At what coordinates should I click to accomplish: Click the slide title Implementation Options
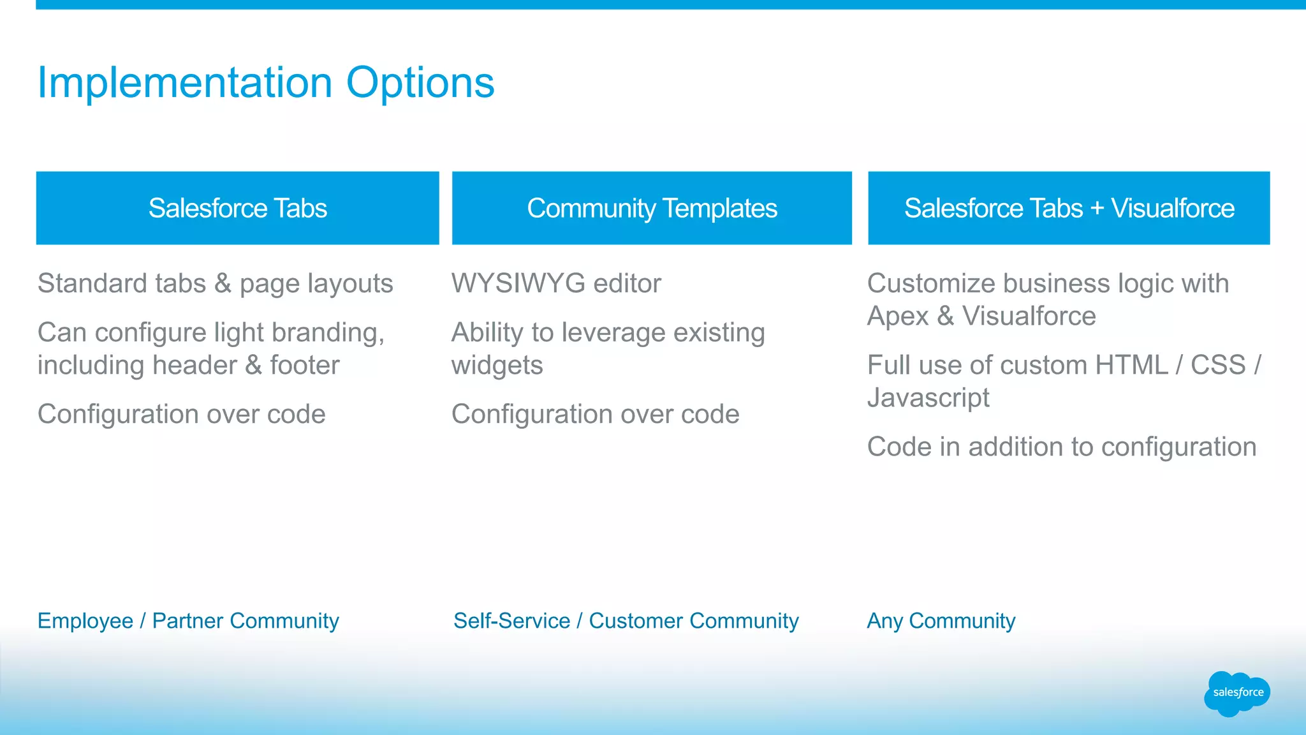pos(265,83)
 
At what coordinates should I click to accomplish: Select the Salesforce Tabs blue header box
pos(237,208)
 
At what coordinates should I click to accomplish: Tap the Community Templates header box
pos(652,208)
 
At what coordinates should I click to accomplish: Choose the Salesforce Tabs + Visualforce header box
pos(1069,208)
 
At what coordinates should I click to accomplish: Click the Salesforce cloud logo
pos(1237,693)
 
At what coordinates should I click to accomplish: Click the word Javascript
pos(928,397)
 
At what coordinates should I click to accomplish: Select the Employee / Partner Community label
pos(188,621)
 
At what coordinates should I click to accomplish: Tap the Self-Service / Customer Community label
pos(626,621)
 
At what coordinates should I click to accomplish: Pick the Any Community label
pos(941,621)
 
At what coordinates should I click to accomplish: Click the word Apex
pos(897,316)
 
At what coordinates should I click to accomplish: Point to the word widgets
pos(497,366)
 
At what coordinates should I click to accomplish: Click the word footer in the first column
pos(304,366)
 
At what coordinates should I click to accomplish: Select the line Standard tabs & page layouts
pos(215,284)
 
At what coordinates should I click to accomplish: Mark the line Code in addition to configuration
pos(1062,447)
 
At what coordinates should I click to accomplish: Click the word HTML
pos(1131,366)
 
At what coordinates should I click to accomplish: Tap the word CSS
pos(1218,366)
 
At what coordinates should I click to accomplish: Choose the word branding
pos(327,333)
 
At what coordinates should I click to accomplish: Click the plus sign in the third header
pos(1097,209)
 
